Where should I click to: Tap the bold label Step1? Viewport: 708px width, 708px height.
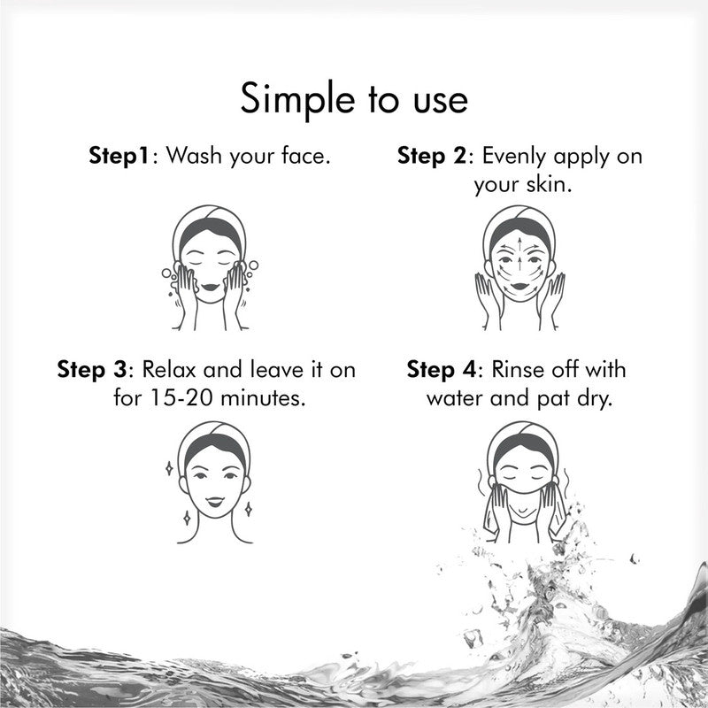tap(121, 157)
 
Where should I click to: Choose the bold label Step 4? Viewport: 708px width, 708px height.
tap(442, 368)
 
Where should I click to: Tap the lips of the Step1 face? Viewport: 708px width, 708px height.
tap(212, 286)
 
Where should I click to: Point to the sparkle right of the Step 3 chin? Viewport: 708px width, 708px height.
tap(249, 508)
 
